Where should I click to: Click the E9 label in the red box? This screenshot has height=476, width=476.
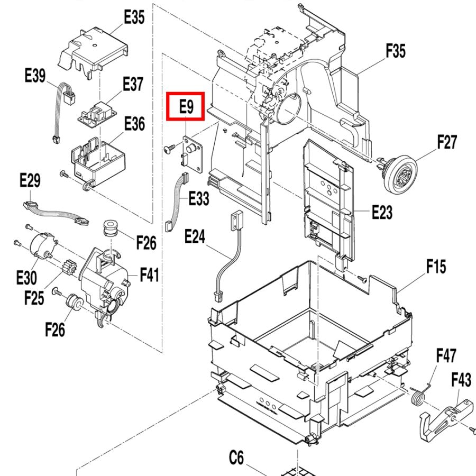(x=186, y=106)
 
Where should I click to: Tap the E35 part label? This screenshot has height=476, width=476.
(x=134, y=17)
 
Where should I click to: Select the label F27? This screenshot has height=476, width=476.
(x=446, y=142)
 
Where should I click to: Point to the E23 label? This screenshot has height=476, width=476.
(x=382, y=212)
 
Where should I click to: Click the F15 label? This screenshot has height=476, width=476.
(x=436, y=267)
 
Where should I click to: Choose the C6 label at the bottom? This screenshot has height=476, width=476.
(x=236, y=458)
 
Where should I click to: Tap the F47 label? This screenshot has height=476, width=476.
(x=446, y=355)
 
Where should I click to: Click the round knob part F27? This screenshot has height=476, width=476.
(x=400, y=173)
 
